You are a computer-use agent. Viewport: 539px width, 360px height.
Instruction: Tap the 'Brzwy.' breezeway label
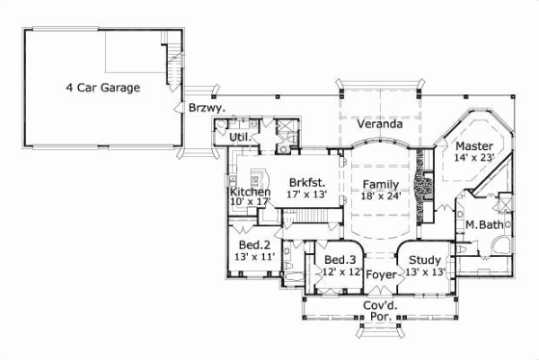(207, 108)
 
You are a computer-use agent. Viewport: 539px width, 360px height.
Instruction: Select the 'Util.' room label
(239, 136)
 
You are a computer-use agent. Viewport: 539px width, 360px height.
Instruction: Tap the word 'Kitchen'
(251, 191)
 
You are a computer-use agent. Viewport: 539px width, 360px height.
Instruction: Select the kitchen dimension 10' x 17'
(251, 202)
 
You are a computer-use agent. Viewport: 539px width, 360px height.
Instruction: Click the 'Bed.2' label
(254, 244)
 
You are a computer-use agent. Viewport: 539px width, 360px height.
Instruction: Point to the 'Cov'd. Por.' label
(380, 311)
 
